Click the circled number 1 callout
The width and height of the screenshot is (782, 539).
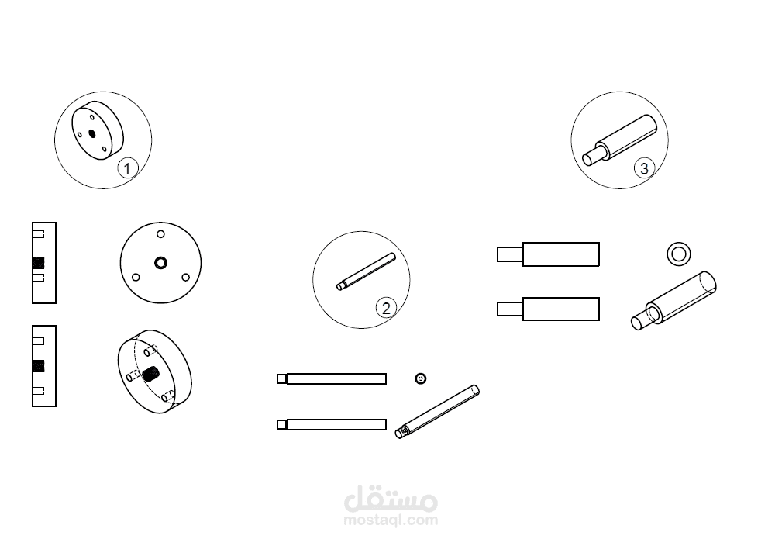127,168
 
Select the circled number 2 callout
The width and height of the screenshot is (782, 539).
386,308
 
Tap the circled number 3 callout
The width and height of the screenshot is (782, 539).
644,168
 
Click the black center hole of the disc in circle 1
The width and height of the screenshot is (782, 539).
91,133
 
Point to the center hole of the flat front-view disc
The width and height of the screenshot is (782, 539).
160,262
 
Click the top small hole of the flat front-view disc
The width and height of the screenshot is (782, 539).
160,234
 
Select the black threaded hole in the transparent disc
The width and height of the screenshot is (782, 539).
150,373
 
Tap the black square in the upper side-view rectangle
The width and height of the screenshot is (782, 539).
39,262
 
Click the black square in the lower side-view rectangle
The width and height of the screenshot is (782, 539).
39,366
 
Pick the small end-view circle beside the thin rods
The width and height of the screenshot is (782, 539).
420,378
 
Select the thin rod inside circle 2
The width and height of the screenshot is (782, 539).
366,271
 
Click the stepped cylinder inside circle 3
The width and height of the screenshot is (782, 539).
620,140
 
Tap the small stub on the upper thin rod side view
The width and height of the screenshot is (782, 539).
282,378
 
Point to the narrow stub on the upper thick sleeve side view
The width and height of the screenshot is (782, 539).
510,254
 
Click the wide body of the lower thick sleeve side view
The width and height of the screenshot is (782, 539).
560,309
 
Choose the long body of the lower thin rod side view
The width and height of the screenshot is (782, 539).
336,425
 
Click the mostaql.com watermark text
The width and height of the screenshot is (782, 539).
391,520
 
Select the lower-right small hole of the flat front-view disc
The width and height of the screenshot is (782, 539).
185,277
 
